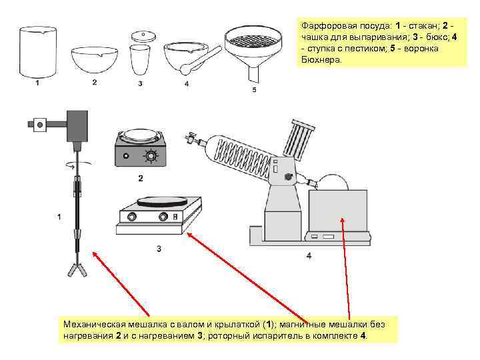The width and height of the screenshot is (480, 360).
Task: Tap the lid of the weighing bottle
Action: [140, 36]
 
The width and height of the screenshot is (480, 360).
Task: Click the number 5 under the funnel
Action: [254, 90]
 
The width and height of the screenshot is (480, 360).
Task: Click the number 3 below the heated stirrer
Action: [159, 249]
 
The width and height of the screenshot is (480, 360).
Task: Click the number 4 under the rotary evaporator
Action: [309, 255]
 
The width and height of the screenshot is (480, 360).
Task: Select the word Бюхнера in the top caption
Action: [321, 59]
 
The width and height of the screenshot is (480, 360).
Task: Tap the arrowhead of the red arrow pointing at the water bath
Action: [343, 219]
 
